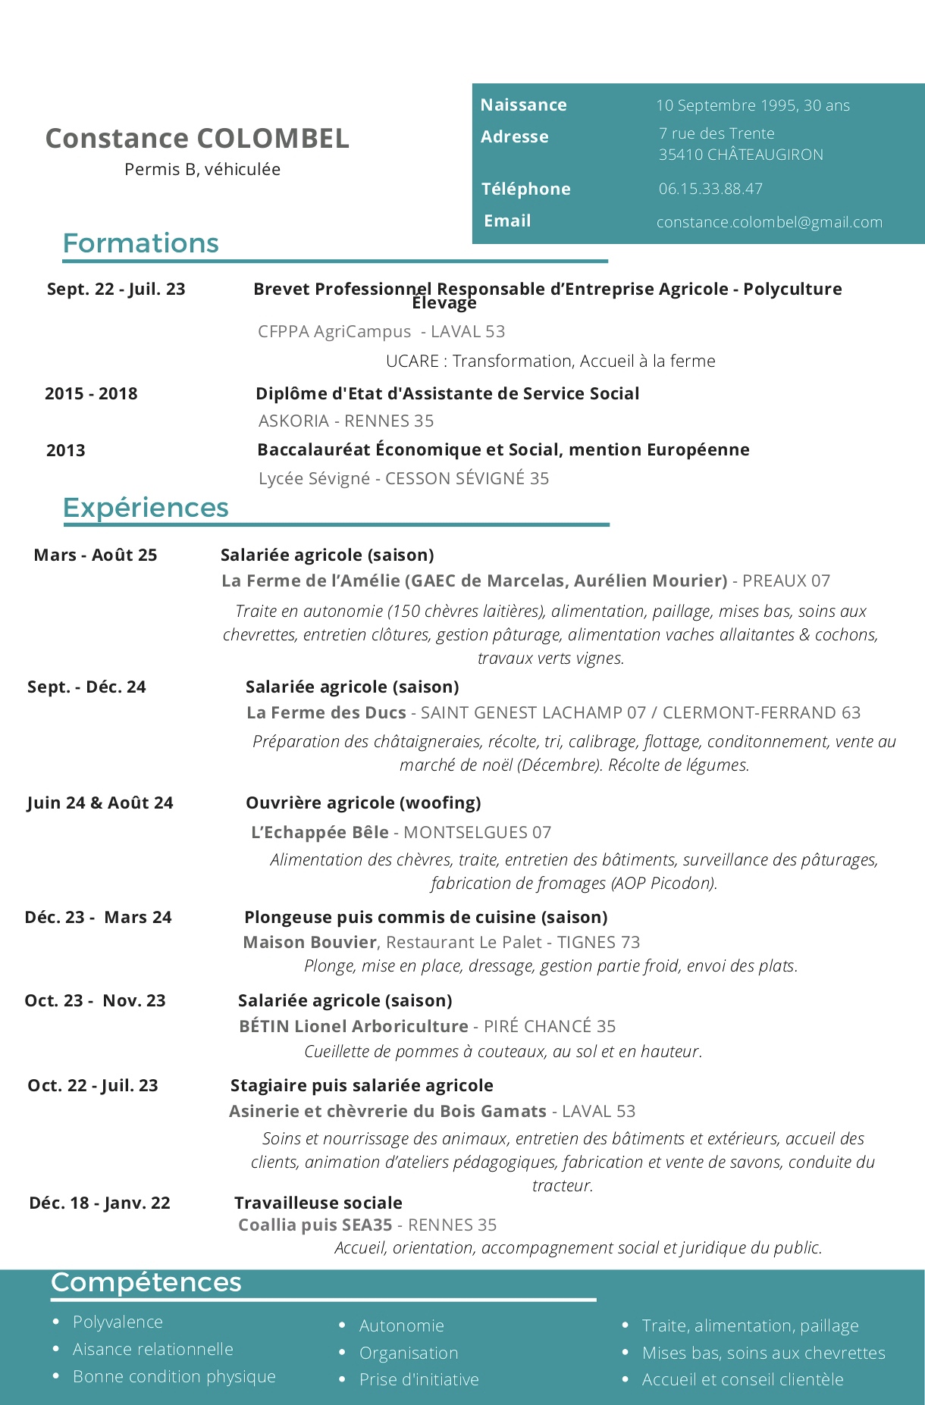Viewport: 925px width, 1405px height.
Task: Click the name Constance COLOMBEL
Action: pyautogui.click(x=197, y=139)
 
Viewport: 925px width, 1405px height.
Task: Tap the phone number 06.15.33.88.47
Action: pyautogui.click(x=710, y=189)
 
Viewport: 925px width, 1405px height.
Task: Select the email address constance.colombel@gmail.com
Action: pyautogui.click(x=769, y=222)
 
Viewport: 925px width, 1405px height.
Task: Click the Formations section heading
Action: pyautogui.click(x=140, y=243)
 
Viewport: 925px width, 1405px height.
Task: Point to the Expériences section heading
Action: pyautogui.click(x=146, y=508)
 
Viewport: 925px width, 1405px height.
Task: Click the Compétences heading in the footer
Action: pyautogui.click(x=146, y=1282)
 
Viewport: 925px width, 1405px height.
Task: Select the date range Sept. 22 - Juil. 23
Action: pyautogui.click(x=116, y=289)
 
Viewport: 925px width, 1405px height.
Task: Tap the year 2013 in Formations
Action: pyautogui.click(x=66, y=450)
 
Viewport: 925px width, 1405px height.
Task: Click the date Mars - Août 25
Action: pyautogui.click(x=96, y=555)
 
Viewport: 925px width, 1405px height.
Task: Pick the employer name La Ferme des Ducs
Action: pyautogui.click(x=326, y=712)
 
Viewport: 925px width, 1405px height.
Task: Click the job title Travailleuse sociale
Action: pyautogui.click(x=318, y=1203)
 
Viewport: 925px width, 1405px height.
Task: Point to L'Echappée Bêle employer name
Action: pyautogui.click(x=320, y=832)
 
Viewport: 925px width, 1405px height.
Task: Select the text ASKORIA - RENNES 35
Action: pyautogui.click(x=346, y=421)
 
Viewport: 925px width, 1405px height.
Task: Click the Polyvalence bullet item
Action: pyautogui.click(x=118, y=1322)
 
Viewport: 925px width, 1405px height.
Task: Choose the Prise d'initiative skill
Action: pyautogui.click(x=419, y=1379)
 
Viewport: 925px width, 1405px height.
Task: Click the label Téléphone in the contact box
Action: pyautogui.click(x=525, y=189)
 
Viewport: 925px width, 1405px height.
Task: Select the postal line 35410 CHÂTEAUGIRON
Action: pyautogui.click(x=741, y=155)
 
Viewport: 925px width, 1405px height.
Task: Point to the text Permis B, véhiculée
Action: pyautogui.click(x=202, y=169)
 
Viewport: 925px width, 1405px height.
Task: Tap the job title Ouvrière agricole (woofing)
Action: pyautogui.click(x=363, y=803)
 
